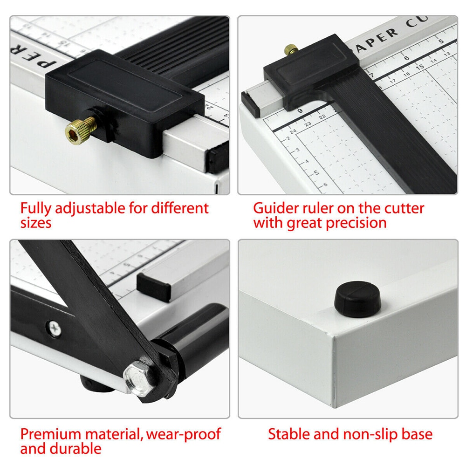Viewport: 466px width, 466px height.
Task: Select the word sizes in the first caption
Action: (x=35, y=223)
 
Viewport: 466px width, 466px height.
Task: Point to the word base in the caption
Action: (x=416, y=434)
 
